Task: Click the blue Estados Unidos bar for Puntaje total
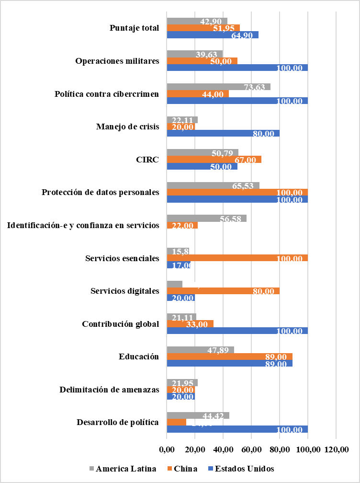coord(213,35)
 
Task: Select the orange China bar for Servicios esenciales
coord(237,258)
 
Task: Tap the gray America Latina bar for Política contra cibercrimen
coord(218,87)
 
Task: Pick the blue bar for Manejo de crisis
coord(223,133)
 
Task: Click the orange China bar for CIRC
coord(214,160)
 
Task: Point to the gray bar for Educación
coord(200,350)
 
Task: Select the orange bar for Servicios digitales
coord(223,291)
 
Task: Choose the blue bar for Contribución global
coord(237,331)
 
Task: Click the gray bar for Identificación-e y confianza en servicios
coord(206,218)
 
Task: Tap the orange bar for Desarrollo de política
coord(176,422)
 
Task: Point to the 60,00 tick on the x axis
coord(251,449)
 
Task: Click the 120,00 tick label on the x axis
coord(336,449)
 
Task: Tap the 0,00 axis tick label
coord(167,449)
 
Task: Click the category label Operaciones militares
coord(117,61)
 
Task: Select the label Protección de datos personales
coord(100,193)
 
